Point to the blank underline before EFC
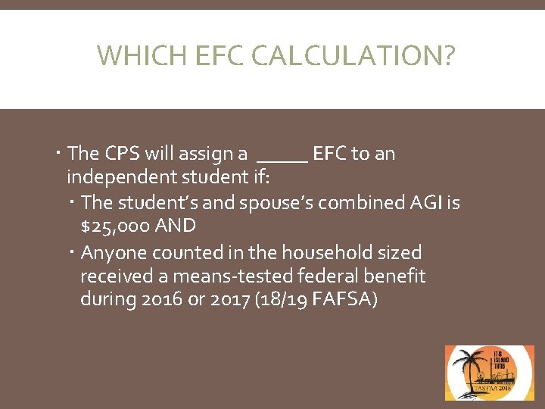pyautogui.click(x=282, y=161)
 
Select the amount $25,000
pyautogui.click(x=113, y=226)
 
